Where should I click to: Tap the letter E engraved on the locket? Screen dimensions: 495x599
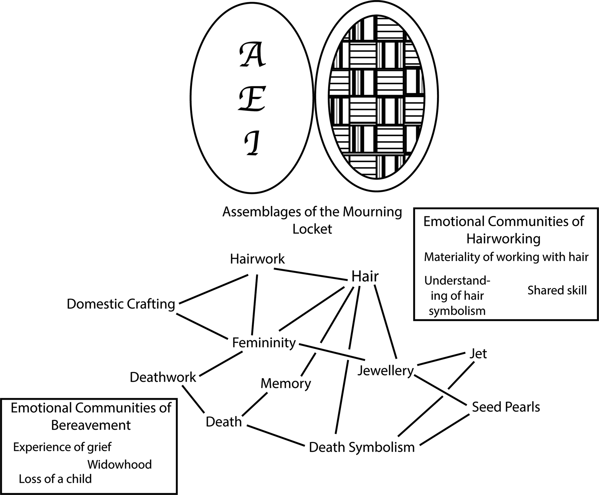tap(252, 98)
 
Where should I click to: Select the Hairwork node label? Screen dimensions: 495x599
tap(257, 259)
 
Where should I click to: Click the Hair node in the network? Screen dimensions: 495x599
tap(365, 277)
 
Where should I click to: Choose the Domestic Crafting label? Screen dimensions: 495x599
tap(121, 304)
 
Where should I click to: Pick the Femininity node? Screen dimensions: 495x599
tap(264, 343)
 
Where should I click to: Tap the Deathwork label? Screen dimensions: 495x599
tap(163, 377)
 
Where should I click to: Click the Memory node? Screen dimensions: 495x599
tap(286, 384)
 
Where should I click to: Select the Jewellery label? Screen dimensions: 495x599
tap(385, 370)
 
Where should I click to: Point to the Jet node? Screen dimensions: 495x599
tap(478, 353)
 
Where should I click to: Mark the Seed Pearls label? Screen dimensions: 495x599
tap(506, 407)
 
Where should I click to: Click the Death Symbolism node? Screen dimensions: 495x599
tap(362, 447)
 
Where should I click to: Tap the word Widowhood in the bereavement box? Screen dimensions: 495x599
tap(120, 464)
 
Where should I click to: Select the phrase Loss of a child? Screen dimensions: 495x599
tap(55, 479)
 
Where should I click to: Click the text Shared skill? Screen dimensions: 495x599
tap(557, 291)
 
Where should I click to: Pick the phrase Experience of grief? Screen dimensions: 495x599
tap(62, 447)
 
